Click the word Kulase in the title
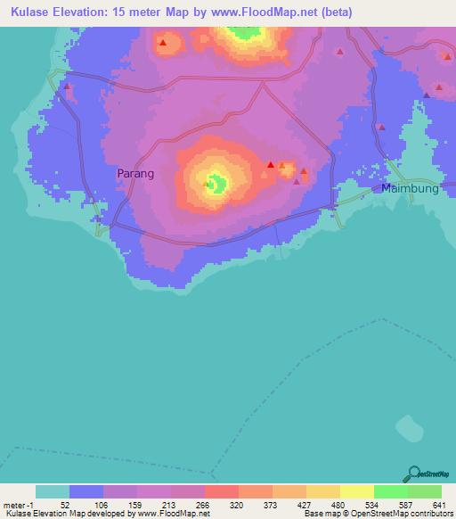click(28, 12)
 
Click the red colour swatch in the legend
click(221, 491)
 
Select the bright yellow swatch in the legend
click(356, 491)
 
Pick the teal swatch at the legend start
click(52, 491)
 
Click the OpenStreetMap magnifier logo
click(413, 474)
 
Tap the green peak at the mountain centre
click(216, 185)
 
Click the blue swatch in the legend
click(85, 491)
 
